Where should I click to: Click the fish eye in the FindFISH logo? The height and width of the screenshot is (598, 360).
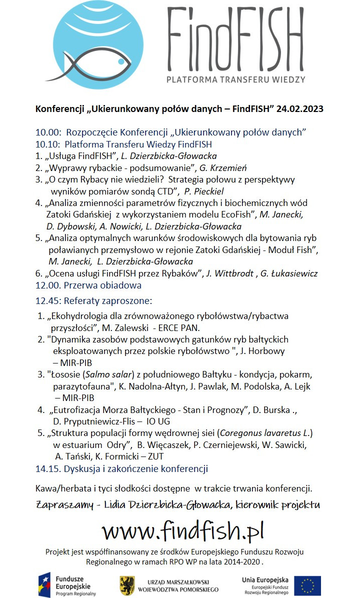pyautogui.click(x=121, y=61)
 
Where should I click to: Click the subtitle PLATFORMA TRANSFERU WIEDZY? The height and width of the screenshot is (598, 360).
pyautogui.click(x=236, y=79)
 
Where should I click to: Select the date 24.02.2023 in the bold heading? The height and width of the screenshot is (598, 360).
pyautogui.click(x=297, y=109)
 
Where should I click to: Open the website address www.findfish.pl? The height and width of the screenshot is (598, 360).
pyautogui.click(x=182, y=530)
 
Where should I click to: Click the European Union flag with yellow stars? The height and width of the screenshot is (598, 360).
pyautogui.click(x=307, y=585)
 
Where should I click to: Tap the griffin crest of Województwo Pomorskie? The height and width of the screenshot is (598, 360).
pyautogui.click(x=127, y=585)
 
